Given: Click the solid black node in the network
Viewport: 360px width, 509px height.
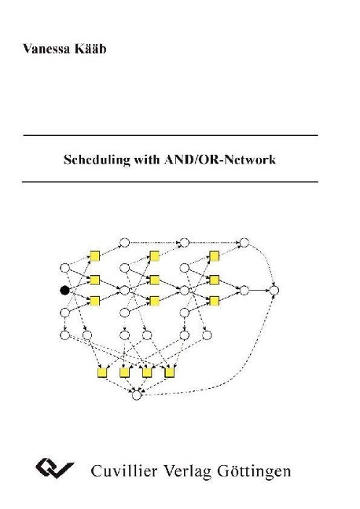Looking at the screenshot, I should [x=64, y=290].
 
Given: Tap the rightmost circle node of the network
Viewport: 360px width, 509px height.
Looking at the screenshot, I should [x=274, y=291].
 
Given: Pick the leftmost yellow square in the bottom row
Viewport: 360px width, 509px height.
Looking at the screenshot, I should [x=101, y=372].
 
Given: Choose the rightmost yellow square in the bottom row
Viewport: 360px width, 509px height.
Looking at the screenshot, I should [x=170, y=372].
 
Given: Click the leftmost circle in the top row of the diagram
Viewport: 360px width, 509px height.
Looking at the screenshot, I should [x=123, y=241].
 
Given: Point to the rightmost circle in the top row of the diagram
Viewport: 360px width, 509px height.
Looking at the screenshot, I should [x=244, y=241].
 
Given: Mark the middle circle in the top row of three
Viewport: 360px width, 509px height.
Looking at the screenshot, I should [x=184, y=241].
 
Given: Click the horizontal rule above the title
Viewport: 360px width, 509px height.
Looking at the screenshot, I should [x=171, y=136].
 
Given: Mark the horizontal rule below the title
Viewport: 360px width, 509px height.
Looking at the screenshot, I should [x=171, y=181].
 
